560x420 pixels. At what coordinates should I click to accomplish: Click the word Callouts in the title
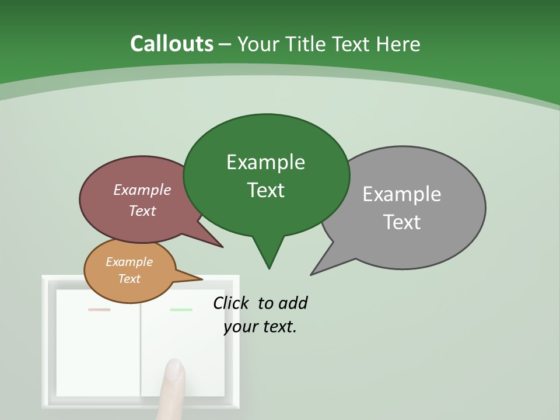tap(171, 44)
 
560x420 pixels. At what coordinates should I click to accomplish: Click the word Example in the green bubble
tap(265, 162)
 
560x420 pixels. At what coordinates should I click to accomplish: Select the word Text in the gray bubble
tap(402, 222)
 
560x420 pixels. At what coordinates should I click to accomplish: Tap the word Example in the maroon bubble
tap(142, 190)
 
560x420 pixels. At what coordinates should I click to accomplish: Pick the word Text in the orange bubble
tap(129, 279)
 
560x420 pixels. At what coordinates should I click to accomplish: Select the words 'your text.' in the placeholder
tap(260, 327)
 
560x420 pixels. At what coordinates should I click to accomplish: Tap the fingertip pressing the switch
tap(174, 370)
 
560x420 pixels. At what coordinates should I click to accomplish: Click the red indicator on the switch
tap(99, 310)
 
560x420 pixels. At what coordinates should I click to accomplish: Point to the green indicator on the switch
tap(181, 310)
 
